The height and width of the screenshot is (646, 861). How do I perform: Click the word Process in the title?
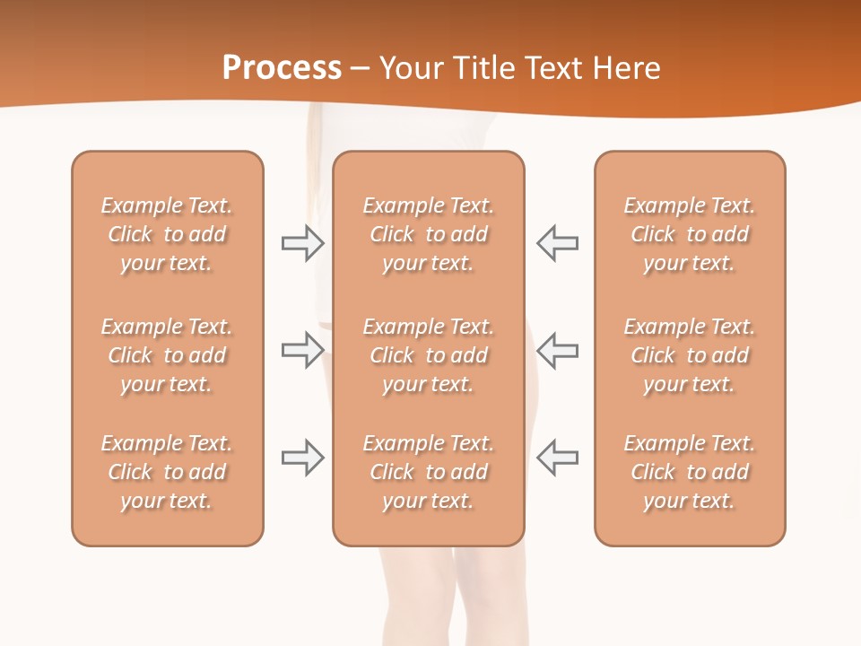[282, 68]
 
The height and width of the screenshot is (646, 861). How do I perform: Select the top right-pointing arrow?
[302, 243]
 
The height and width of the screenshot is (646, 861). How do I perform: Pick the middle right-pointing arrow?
[302, 350]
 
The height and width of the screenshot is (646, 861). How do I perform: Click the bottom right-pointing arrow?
[302, 458]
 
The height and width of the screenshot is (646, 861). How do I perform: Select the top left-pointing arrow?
[557, 243]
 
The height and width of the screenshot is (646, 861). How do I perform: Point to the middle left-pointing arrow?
[557, 350]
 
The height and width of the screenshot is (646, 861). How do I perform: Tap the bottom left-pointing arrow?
[557, 458]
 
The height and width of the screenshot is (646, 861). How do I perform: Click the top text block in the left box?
[167, 234]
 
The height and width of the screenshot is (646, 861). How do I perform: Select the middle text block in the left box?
[167, 355]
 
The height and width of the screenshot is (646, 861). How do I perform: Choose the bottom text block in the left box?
[167, 472]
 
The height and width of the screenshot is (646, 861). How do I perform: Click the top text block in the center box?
[428, 234]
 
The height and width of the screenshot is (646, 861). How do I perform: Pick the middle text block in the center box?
[428, 355]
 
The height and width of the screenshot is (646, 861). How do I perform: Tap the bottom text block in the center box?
[428, 472]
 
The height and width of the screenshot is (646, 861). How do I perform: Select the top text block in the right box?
[690, 234]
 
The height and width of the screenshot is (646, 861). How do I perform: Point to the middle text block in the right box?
[690, 355]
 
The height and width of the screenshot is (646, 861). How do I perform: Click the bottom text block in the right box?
[690, 472]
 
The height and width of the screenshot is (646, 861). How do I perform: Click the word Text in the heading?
[552, 68]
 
